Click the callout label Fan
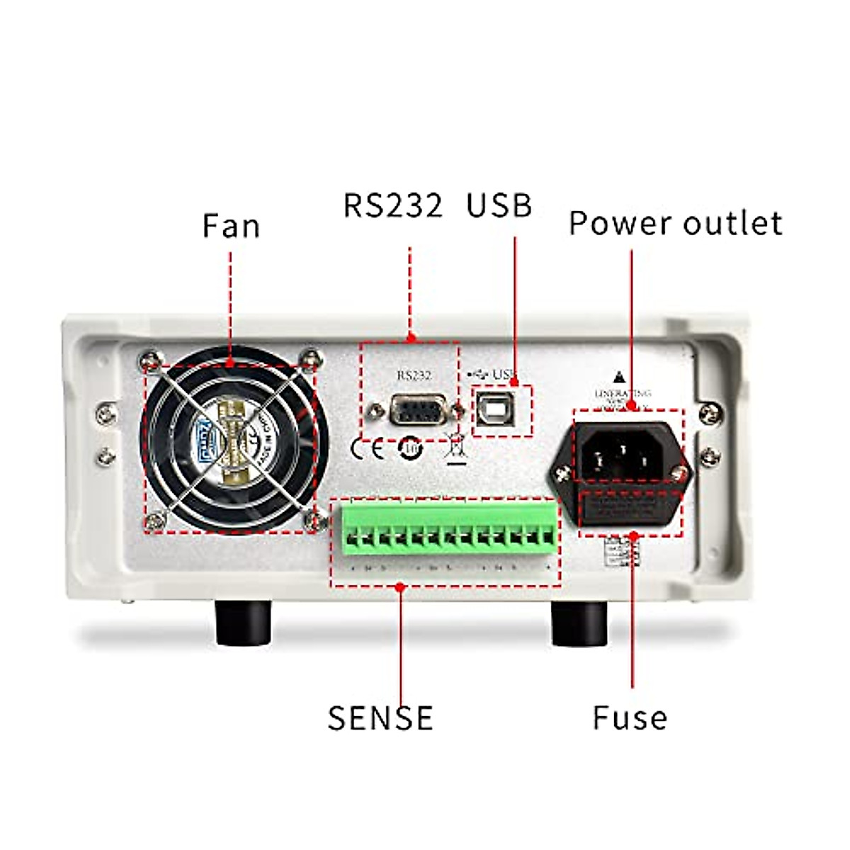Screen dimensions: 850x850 (x=231, y=226)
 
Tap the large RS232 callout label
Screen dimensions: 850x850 (x=393, y=205)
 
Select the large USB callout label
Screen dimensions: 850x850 (x=499, y=205)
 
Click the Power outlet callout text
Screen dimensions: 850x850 (x=676, y=222)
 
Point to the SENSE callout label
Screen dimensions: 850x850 (x=380, y=717)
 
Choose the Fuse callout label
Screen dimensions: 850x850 (x=630, y=717)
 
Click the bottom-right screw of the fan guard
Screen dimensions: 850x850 (x=310, y=523)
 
